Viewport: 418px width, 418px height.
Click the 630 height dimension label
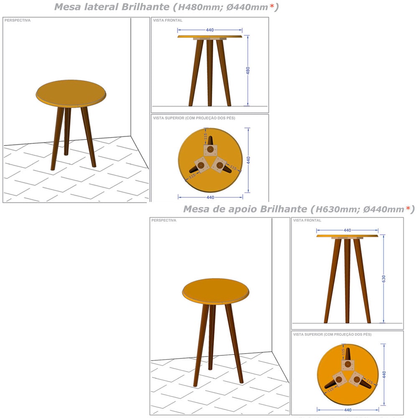384,279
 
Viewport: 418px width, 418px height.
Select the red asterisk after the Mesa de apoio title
408,209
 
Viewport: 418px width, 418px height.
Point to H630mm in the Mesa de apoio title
332,209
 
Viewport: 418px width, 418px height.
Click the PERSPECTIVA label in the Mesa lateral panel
18,20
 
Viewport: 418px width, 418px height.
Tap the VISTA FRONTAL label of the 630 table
307,220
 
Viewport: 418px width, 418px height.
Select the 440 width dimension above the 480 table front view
210,30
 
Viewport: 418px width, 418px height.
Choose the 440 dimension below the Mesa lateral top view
210,197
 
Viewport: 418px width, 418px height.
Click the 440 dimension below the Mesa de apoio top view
347,410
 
